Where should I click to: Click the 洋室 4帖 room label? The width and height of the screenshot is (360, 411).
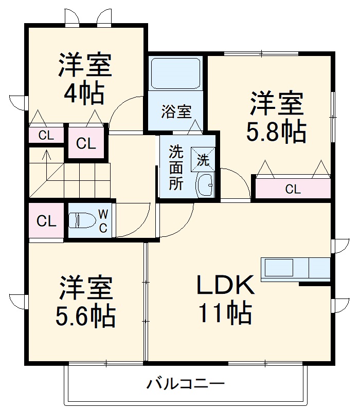[x=85, y=78]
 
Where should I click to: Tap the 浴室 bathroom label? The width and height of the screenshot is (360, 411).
[x=176, y=111]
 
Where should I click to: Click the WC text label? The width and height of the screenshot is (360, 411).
[x=103, y=221]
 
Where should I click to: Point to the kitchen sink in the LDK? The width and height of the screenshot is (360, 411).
[x=278, y=268]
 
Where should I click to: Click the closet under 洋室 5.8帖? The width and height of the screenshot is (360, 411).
[x=293, y=189]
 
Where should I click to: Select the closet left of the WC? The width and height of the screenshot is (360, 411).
[x=46, y=221]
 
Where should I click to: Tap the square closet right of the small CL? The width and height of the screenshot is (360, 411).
[x=86, y=143]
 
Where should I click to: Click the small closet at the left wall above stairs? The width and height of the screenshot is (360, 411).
[x=46, y=136]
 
